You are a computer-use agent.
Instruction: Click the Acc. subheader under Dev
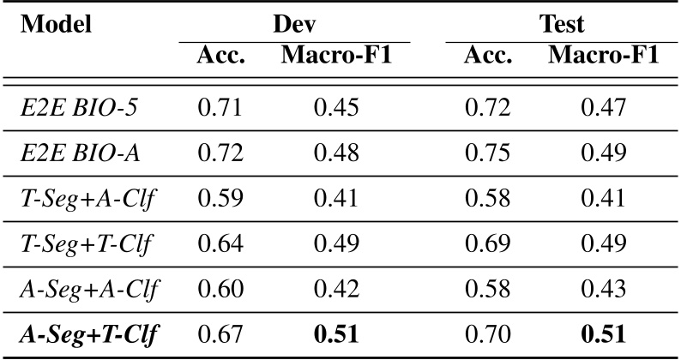tap(221, 57)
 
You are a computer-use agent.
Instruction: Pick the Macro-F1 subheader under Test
tap(604, 57)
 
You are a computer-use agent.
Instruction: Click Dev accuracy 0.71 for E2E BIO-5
tap(220, 109)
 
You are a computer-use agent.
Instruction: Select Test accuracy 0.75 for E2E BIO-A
tap(487, 154)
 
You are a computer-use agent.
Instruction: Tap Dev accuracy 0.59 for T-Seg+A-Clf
tap(220, 201)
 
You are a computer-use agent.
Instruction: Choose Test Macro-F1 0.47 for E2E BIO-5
tap(603, 109)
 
